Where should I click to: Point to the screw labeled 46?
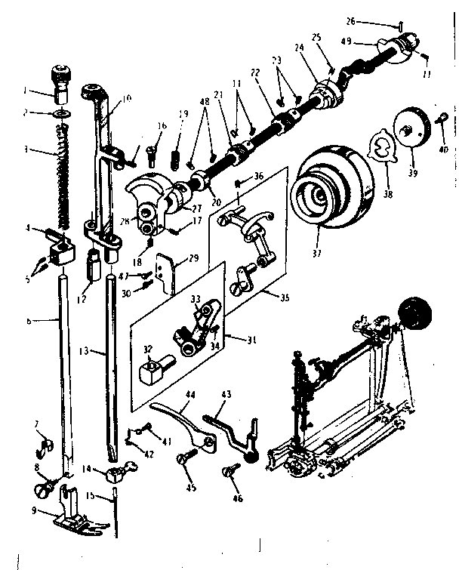click(230, 472)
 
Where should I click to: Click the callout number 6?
click(28, 320)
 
